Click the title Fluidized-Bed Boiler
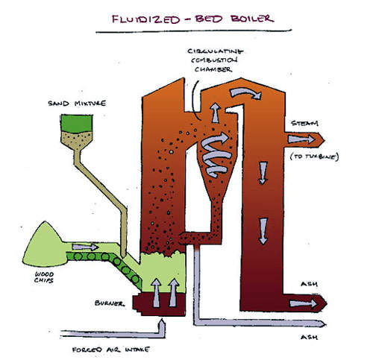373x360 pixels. coord(192,19)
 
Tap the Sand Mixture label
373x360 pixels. coord(77,103)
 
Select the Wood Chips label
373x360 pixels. coord(44,277)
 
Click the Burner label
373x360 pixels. coord(110,303)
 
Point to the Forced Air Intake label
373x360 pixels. coord(110,350)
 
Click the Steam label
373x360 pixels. coord(304,123)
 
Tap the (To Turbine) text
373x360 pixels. coord(314,157)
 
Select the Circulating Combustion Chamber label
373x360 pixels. coord(215,60)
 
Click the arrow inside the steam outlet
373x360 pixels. coord(301,139)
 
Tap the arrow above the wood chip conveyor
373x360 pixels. coord(85,247)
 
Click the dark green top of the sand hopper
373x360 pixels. coord(77,124)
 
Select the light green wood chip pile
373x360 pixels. coord(43,244)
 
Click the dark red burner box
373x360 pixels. coord(159,305)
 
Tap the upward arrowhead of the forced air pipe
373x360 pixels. coord(162,323)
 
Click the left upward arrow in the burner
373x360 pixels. coord(156,292)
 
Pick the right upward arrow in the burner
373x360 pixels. coord(173,292)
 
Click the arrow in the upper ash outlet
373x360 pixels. coord(304,303)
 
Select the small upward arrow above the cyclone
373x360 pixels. coord(216,113)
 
